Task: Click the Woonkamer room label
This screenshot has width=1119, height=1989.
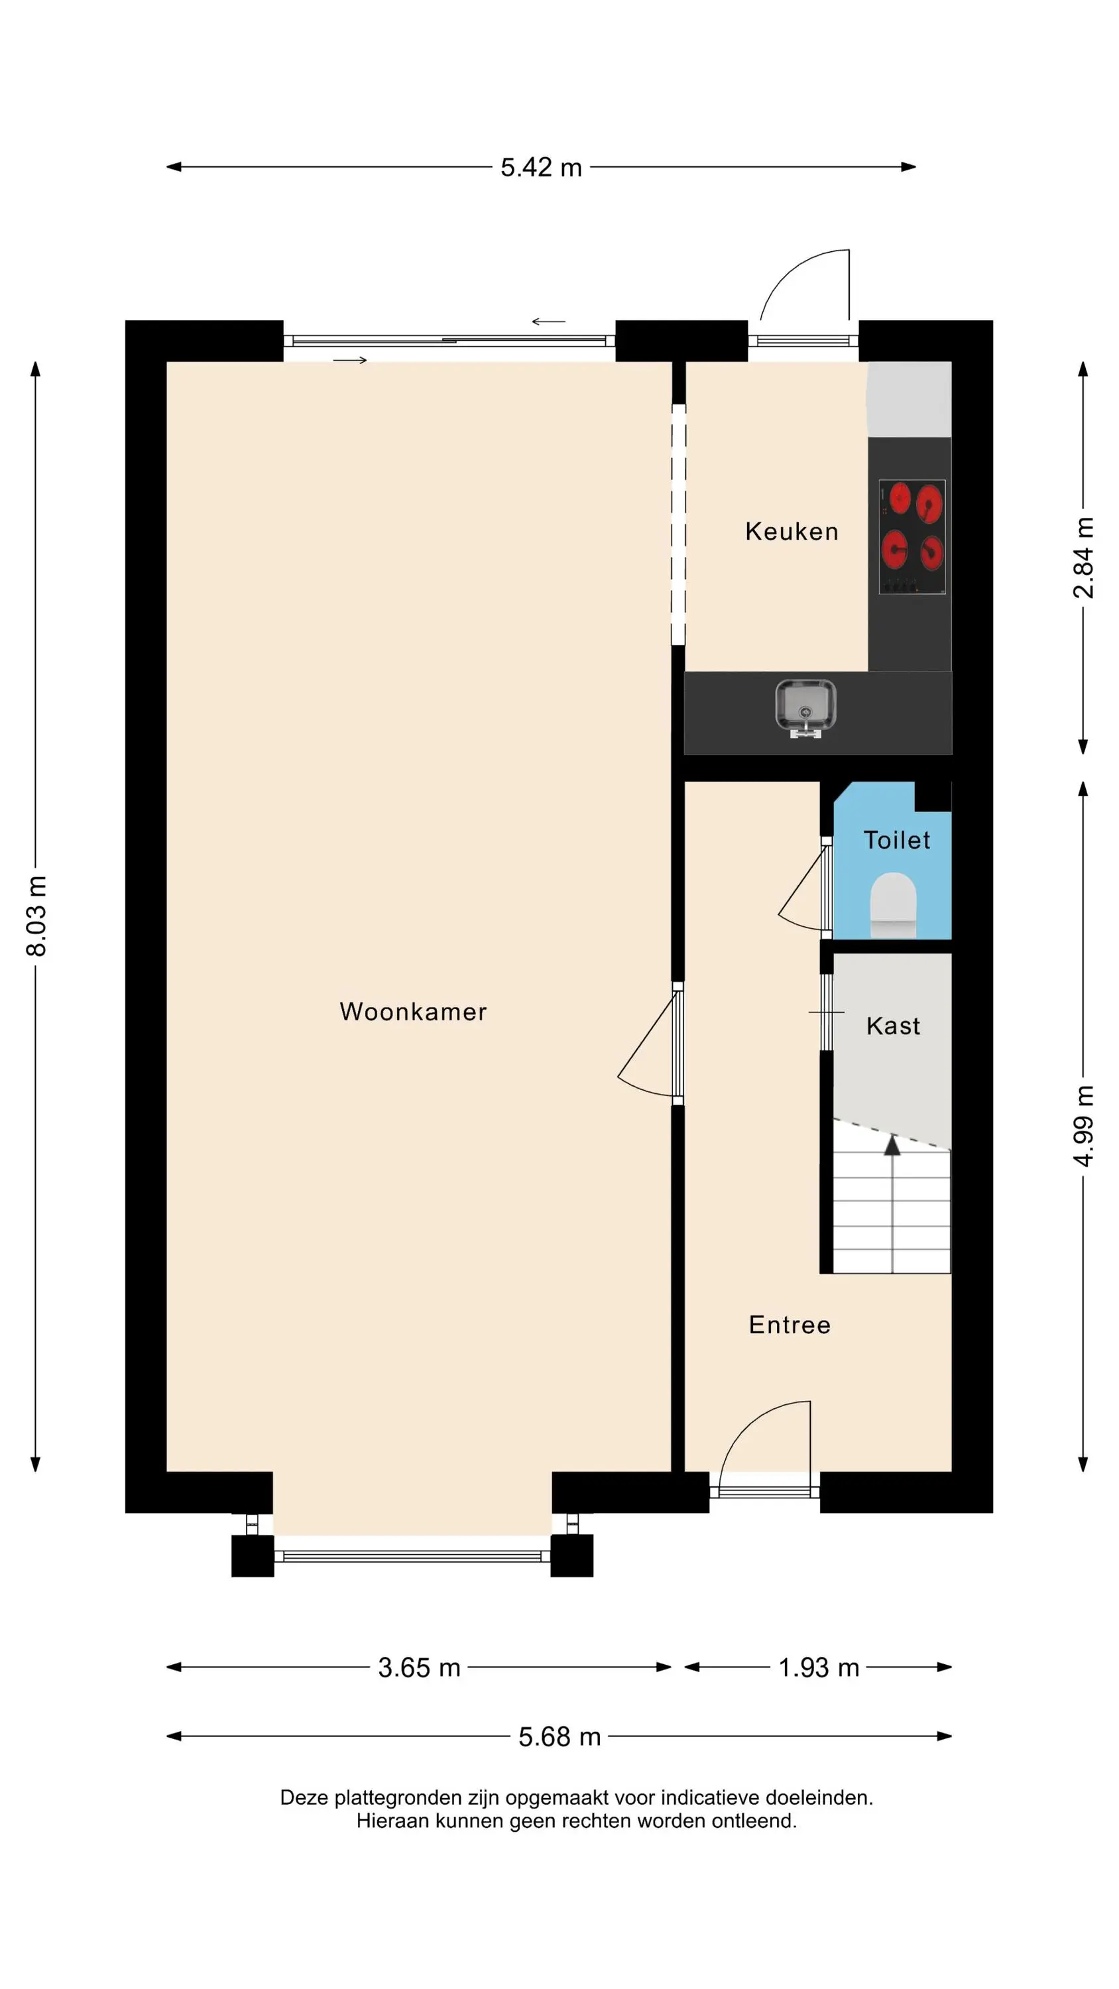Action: click(413, 1012)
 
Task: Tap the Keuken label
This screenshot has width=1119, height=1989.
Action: click(792, 531)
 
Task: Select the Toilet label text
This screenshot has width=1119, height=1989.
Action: click(896, 840)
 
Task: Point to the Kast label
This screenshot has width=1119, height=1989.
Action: click(894, 1026)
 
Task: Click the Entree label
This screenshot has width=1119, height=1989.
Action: click(790, 1325)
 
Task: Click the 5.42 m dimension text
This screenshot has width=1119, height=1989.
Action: click(540, 168)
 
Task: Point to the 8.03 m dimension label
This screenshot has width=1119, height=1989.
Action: click(36, 916)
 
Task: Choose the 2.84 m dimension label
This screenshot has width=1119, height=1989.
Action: click(1083, 558)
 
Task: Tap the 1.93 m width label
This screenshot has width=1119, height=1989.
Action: click(819, 1668)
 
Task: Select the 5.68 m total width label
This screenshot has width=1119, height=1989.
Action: click(559, 1736)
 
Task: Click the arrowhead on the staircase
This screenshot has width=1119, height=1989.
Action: click(892, 1144)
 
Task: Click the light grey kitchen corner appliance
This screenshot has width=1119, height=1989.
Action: click(908, 398)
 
